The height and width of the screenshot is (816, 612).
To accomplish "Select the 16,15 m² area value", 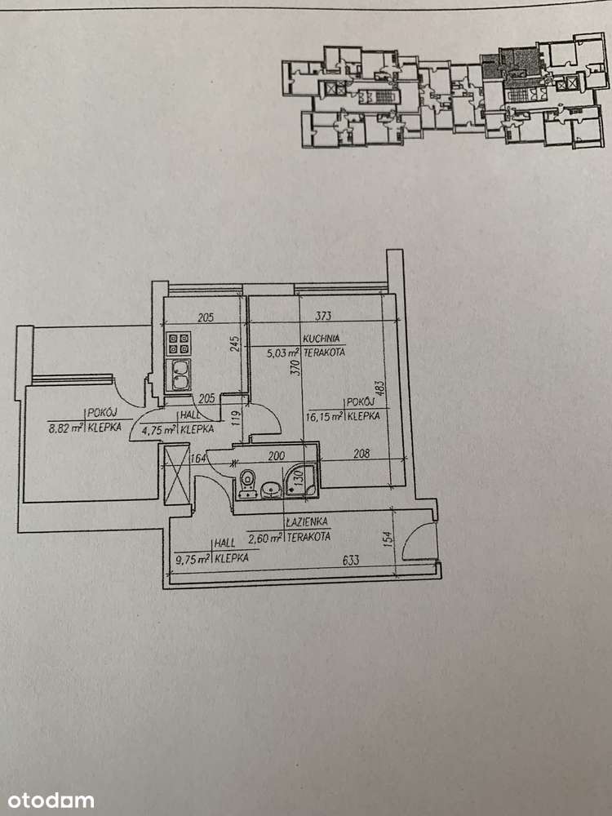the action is pos(323,415).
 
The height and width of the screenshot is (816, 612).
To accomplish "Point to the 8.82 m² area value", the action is pos(66,426).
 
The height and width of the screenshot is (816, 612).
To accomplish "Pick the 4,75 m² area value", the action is pos(159,428).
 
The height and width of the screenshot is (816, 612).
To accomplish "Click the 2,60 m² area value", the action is pos(266,537).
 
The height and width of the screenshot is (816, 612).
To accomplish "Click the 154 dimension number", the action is pos(388,539).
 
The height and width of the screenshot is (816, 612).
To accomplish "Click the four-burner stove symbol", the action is pos(179,344).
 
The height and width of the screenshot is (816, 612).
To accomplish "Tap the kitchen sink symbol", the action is pos(179,375).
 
